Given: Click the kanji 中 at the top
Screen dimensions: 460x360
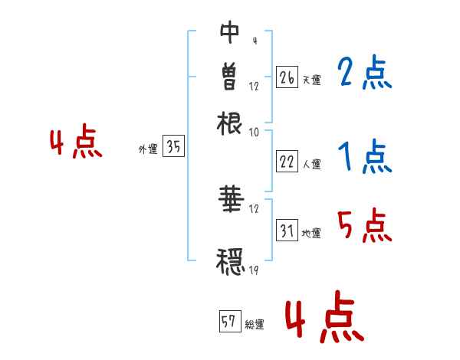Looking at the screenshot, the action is [x=230, y=32].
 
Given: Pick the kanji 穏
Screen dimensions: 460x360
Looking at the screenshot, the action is [x=230, y=260].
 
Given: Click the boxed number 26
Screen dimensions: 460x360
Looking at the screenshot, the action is [x=287, y=77].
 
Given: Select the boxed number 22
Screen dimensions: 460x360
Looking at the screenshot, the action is [x=287, y=162].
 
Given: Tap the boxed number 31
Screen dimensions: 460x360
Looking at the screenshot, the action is [x=287, y=231].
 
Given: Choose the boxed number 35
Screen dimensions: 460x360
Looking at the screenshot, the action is [x=173, y=148].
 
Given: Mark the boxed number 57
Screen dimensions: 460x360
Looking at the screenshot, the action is [x=228, y=322].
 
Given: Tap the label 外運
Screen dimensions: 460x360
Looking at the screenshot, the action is [x=147, y=150].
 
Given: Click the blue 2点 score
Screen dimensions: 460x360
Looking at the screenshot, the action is [x=364, y=74].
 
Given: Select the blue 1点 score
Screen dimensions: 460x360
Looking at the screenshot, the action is [x=364, y=157].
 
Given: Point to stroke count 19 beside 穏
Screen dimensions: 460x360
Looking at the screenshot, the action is [x=255, y=270].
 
